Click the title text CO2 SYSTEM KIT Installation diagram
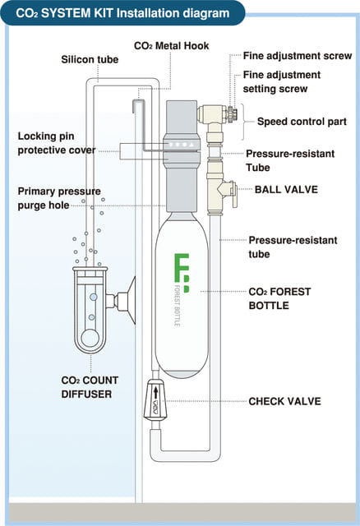pyautogui.click(x=122, y=12)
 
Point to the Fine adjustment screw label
pyautogui.click(x=298, y=56)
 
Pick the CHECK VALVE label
pyautogui.click(x=284, y=401)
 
